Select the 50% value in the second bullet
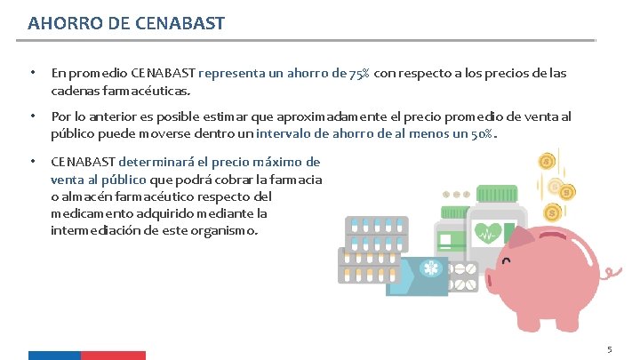481,134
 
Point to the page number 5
609,349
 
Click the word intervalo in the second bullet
287,134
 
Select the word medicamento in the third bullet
89,213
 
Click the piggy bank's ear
540,235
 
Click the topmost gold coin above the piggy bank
548,162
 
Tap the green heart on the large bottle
486,234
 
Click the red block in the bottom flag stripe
113,356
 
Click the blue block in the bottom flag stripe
54,356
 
